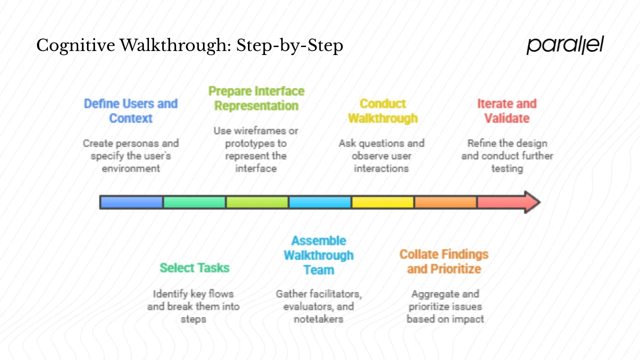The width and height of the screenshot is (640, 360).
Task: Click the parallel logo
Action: tap(565, 45)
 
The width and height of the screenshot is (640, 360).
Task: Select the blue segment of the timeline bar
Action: tap(131, 202)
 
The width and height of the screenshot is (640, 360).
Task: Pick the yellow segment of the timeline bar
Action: tap(382, 202)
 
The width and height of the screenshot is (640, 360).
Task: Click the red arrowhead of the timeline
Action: tap(531, 202)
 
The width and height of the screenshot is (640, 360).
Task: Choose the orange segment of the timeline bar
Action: tap(445, 202)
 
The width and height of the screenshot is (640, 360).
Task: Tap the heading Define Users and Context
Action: tap(130, 111)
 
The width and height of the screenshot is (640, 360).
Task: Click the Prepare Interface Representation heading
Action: tap(256, 98)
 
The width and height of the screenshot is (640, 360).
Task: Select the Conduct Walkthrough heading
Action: tap(382, 111)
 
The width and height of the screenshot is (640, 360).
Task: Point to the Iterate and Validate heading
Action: tap(506, 111)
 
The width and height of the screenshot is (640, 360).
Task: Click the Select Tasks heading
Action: tap(194, 268)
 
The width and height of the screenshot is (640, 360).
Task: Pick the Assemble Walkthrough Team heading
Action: tap(318, 255)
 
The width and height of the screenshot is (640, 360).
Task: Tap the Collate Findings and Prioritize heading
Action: tap(444, 261)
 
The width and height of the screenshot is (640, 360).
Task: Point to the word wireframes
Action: tap(258, 131)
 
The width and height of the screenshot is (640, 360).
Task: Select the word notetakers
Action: tap(318, 318)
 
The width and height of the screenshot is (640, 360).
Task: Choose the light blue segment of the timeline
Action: tap(320, 202)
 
